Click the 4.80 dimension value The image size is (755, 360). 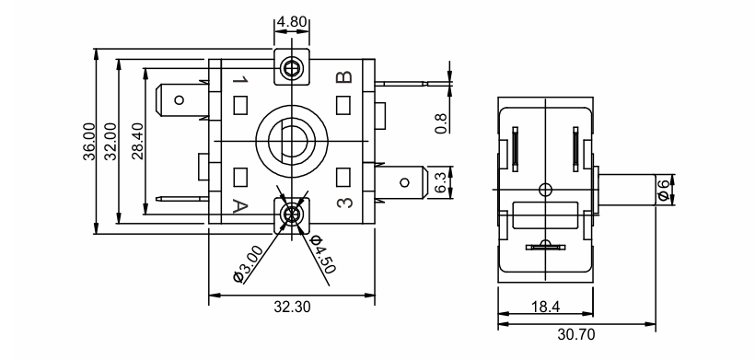292,23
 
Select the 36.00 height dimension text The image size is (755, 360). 89,142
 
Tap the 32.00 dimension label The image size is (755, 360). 110,142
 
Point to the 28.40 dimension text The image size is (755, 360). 138,142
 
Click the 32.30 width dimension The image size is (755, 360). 292,306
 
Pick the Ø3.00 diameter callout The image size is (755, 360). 249,263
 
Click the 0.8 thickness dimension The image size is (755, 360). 441,123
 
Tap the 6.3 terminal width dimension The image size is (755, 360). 441,183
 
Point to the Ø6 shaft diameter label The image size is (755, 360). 665,190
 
